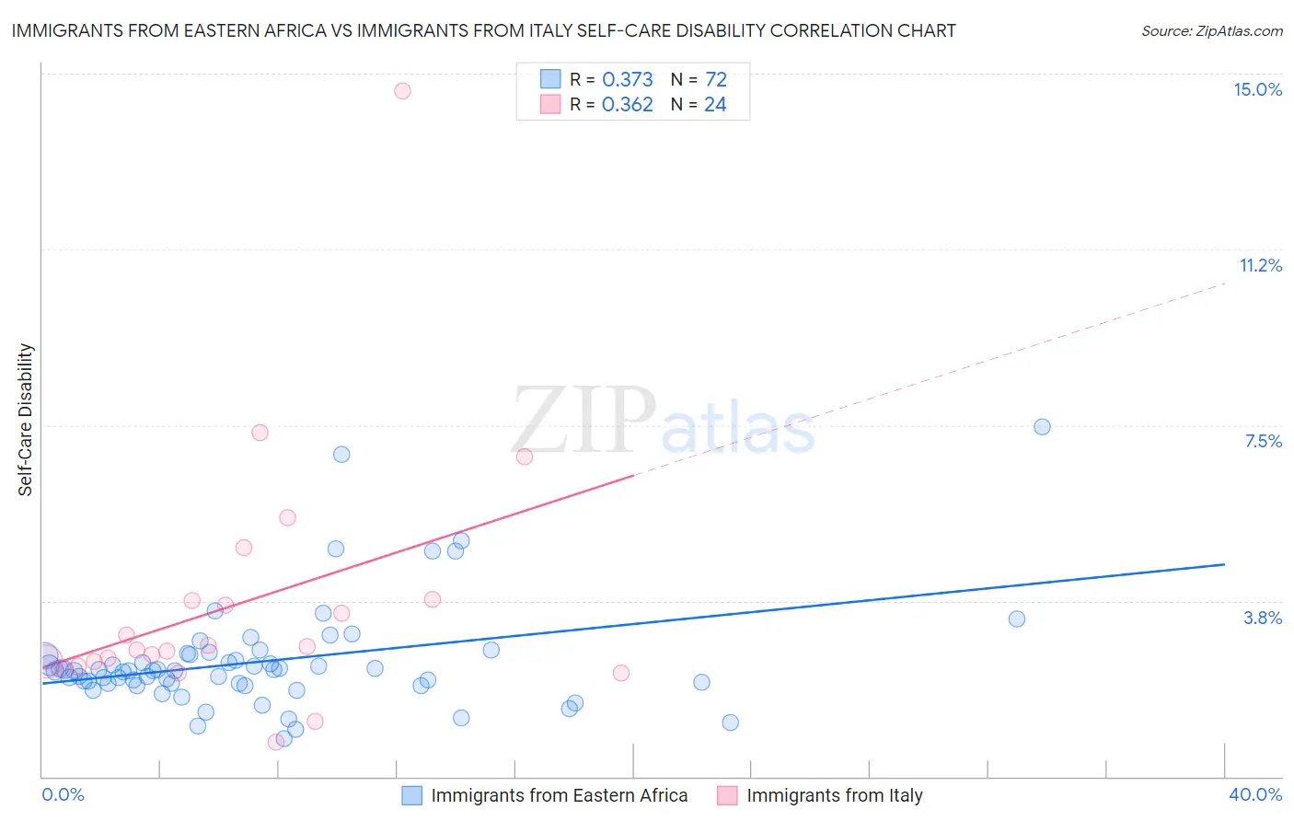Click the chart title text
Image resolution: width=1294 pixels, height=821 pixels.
click(483, 30)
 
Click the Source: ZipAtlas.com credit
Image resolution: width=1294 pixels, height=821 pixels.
click(1211, 30)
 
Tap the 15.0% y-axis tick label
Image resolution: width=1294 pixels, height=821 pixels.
click(1257, 89)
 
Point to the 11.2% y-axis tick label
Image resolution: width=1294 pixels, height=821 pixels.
click(1260, 265)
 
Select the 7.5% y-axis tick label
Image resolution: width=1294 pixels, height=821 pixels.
click(1263, 441)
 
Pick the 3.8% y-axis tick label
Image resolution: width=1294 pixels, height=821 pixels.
click(1263, 618)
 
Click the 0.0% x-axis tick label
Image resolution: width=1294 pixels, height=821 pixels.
click(64, 794)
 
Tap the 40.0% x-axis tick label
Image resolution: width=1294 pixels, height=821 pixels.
click(1254, 794)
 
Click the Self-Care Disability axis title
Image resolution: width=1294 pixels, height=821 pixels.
click(26, 420)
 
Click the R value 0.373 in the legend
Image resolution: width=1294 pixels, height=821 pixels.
click(627, 80)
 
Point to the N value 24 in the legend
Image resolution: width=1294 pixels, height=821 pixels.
click(715, 105)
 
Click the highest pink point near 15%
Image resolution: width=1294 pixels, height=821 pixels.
click(402, 90)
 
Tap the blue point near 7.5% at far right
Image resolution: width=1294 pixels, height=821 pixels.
click(1042, 426)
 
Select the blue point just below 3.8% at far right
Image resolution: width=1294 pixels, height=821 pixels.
click(1017, 619)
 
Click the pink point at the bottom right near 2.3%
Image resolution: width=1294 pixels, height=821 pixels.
click(621, 673)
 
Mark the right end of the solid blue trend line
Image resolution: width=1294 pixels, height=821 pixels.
click(1224, 564)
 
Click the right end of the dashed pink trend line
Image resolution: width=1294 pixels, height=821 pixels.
click(1226, 283)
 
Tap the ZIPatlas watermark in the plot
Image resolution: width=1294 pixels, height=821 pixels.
click(663, 422)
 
